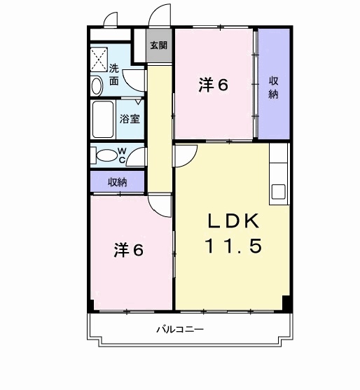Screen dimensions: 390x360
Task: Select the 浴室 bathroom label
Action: click(130, 118)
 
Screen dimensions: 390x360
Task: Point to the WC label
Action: click(121, 155)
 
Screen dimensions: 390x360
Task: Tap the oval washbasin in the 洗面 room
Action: click(97, 85)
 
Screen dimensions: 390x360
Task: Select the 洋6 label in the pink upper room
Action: click(213, 85)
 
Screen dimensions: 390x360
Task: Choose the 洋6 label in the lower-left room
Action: click(129, 250)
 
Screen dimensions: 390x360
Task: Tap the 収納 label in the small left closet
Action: click(117, 182)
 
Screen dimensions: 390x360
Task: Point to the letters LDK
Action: click(233, 221)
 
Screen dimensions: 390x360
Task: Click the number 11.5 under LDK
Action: click(233, 246)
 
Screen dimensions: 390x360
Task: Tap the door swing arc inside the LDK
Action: click(183, 155)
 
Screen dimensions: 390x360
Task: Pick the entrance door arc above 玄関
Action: click(159, 15)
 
